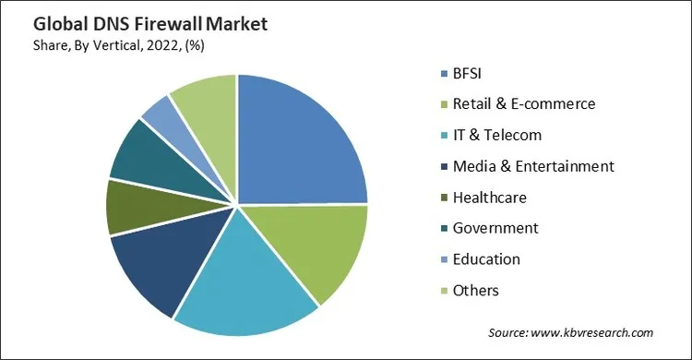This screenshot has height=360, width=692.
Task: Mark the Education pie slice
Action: click(161, 114)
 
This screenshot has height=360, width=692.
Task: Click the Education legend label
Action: click(486, 259)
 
